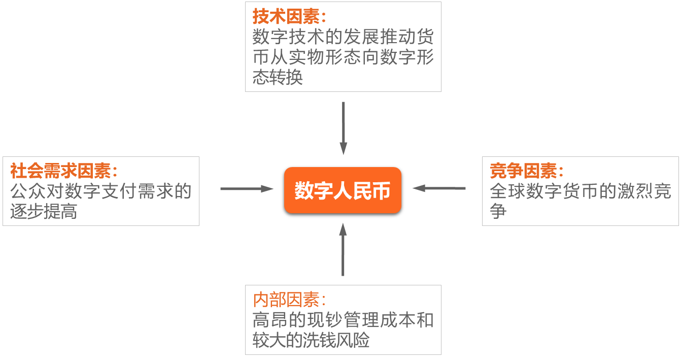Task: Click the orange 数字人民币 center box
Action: [343, 190]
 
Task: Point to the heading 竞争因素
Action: [523, 171]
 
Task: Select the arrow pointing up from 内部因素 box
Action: [343, 249]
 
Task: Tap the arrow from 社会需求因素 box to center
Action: [247, 189]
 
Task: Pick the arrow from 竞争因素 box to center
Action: [439, 188]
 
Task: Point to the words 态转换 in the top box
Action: [278, 77]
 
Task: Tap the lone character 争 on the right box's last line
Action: [498, 211]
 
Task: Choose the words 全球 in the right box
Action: [507, 191]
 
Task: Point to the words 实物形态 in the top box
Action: [325, 57]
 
